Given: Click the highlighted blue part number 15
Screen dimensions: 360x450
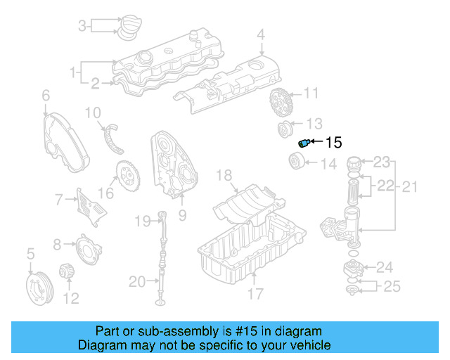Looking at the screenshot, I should (x=304, y=143).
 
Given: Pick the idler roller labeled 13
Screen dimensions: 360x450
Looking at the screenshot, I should (x=287, y=129).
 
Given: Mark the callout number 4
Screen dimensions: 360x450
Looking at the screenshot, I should (x=260, y=34).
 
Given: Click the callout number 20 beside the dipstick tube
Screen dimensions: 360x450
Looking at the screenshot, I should (x=137, y=283).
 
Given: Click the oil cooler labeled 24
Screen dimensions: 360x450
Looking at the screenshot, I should (x=354, y=268).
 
